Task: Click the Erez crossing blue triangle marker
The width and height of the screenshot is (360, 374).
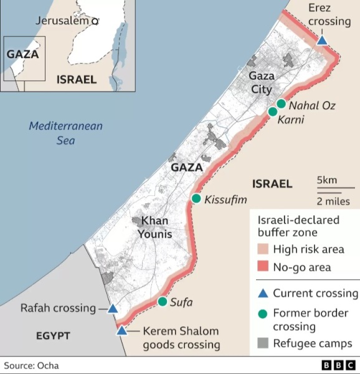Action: pos(322,41)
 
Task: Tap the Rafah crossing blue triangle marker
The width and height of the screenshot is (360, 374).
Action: pos(113,309)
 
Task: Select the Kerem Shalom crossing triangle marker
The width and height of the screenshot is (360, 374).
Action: pos(121,330)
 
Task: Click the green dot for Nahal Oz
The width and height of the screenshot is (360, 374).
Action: pos(281,103)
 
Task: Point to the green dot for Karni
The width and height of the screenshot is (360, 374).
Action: pos(272,112)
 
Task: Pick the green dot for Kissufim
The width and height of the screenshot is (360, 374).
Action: pos(196,199)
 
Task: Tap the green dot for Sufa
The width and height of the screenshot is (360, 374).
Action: pos(162,302)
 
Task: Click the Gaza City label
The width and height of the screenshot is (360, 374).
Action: pos(260,82)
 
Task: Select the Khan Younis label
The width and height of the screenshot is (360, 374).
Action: pos(156,227)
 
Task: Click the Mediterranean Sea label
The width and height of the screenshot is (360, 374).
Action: pos(65,133)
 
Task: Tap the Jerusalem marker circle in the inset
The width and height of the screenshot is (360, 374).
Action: pos(95,21)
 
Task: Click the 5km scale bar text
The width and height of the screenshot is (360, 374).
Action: pos(326,181)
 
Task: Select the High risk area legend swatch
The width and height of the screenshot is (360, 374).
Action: pos(262,249)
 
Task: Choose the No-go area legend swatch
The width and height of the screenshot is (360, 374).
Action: pos(262,267)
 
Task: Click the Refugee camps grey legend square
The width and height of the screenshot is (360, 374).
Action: pos(262,343)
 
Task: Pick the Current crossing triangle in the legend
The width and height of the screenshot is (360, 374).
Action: pos(262,293)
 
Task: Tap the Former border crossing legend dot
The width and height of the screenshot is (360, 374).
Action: pos(262,314)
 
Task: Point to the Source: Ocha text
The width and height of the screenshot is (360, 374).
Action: pos(31,365)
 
